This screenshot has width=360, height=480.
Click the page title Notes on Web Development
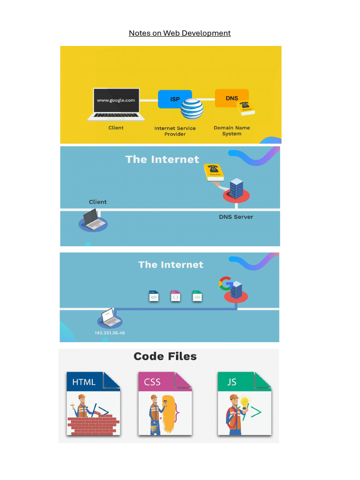coord(180,33)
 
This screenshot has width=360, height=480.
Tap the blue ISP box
coord(174,99)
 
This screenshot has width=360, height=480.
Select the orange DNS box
coord(232,98)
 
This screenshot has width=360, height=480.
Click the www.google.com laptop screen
coord(116,100)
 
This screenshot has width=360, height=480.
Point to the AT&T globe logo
coord(192,109)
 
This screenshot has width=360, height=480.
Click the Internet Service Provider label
coord(175,131)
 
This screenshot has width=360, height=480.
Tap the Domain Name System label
coord(232,130)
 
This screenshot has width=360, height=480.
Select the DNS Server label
coord(236,217)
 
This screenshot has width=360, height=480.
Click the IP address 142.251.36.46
coord(110,333)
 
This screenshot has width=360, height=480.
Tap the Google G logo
coord(225,283)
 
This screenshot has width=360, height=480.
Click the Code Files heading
coord(165,356)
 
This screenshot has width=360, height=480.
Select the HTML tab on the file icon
coord(84,382)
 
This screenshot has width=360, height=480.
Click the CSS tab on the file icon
coord(153,382)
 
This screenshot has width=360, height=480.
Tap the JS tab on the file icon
coord(232,382)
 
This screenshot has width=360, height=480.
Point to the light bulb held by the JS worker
coord(245,402)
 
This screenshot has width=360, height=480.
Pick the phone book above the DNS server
coord(214,172)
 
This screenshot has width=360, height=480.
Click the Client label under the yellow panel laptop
coord(116,127)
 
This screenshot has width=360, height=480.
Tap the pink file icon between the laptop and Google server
coord(176,296)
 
